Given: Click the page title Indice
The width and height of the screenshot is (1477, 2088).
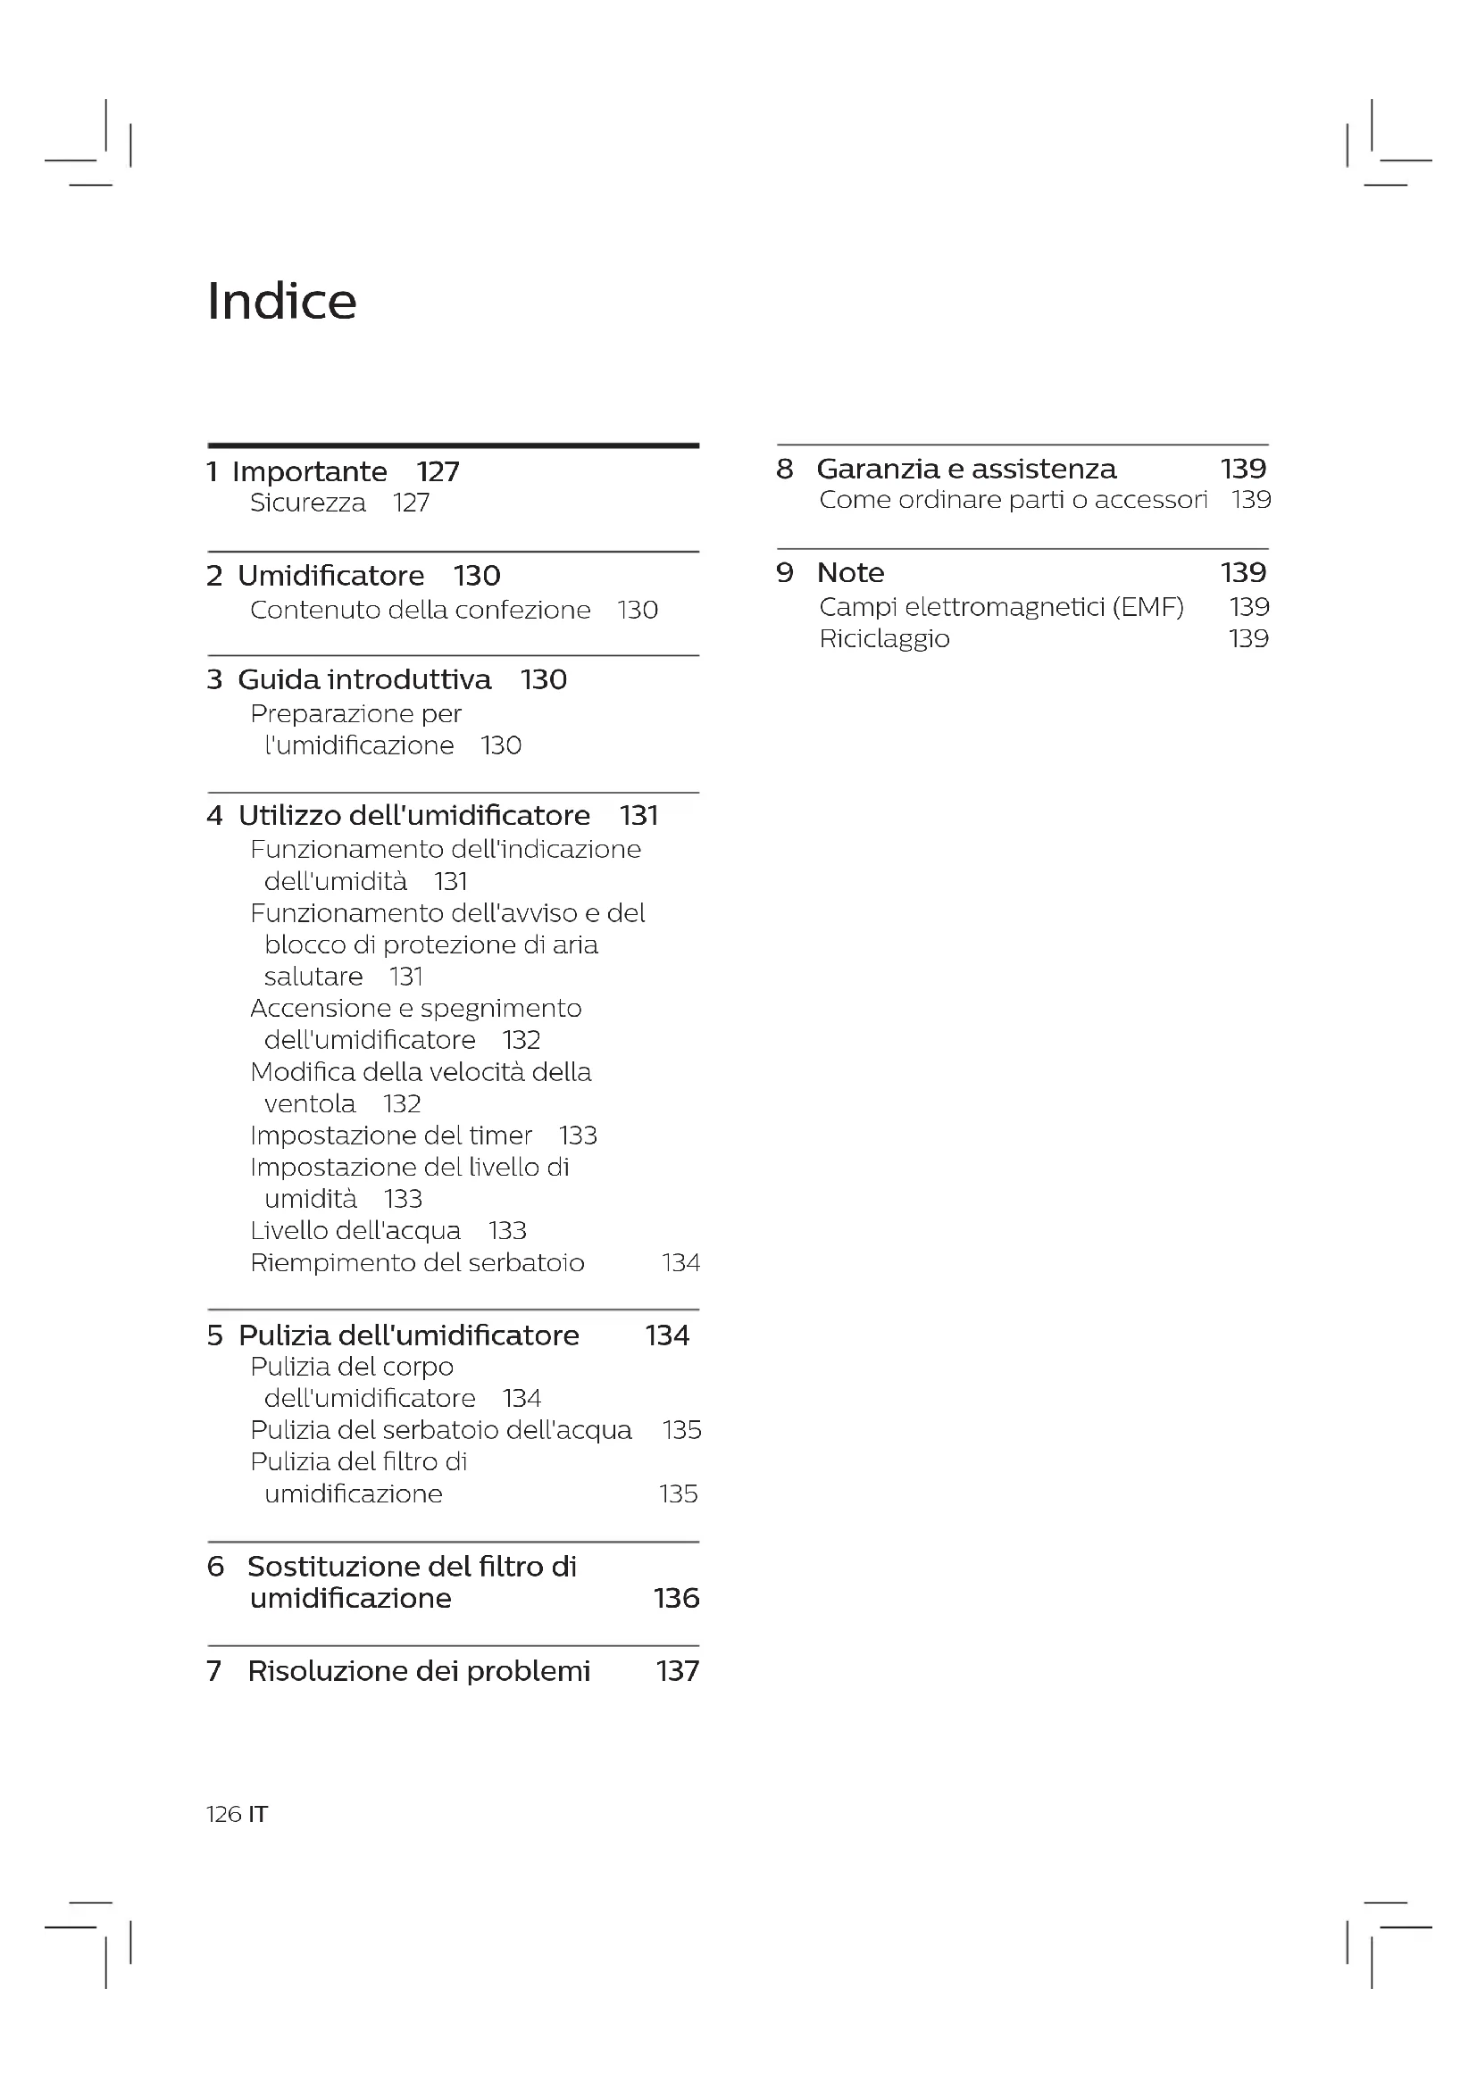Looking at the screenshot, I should click(x=282, y=301).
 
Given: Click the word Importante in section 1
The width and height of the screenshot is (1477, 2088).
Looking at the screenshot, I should click(x=309, y=472).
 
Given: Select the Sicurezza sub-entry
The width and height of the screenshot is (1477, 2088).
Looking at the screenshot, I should click(x=307, y=503).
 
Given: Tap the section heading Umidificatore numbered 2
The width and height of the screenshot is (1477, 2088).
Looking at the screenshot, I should click(x=331, y=576).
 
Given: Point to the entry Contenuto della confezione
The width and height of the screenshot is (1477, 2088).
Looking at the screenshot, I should click(x=421, y=610).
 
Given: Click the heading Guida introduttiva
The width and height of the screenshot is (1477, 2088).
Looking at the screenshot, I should click(x=363, y=679).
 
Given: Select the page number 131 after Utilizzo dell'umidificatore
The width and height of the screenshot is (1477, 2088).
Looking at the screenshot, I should click(x=638, y=816).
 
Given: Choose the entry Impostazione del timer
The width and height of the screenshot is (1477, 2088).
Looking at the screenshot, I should click(x=391, y=1135).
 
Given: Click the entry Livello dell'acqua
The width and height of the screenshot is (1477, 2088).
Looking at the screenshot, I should click(x=355, y=1230).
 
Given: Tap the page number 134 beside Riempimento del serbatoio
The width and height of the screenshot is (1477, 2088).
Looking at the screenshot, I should click(x=680, y=1262).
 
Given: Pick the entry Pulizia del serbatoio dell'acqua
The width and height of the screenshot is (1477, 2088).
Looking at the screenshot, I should click(x=441, y=1429).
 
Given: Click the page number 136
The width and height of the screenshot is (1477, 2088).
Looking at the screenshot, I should click(x=677, y=1598).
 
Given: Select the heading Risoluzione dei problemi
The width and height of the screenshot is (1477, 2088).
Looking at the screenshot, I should click(x=418, y=1670).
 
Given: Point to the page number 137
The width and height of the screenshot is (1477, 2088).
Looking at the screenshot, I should click(x=678, y=1670).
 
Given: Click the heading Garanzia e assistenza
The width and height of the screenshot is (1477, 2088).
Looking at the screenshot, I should click(x=966, y=469).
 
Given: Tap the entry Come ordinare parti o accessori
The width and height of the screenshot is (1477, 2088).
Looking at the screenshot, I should click(x=1014, y=499).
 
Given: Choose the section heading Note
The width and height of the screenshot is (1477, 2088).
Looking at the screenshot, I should click(x=850, y=572).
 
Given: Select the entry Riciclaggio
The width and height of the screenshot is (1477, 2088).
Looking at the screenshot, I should click(x=884, y=638).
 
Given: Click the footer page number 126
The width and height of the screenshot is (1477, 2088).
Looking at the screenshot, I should click(x=224, y=1814).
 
